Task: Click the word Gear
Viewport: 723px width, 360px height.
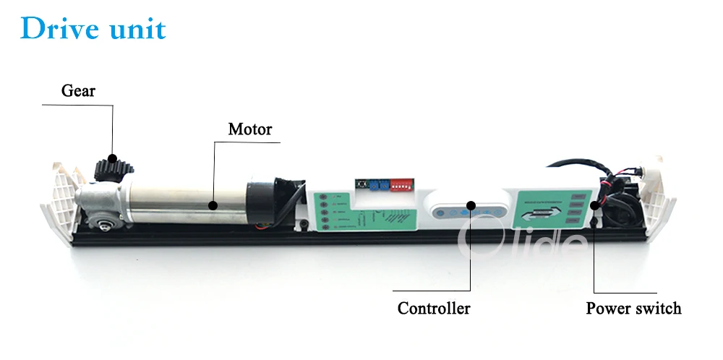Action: [x=78, y=91]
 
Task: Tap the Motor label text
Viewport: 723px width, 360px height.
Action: [x=250, y=129]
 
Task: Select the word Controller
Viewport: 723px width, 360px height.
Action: [x=434, y=309]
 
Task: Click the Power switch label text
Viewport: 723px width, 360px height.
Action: [x=633, y=309]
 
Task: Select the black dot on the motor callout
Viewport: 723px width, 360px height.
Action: [x=213, y=205]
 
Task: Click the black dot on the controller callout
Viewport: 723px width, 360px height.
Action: [x=471, y=205]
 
